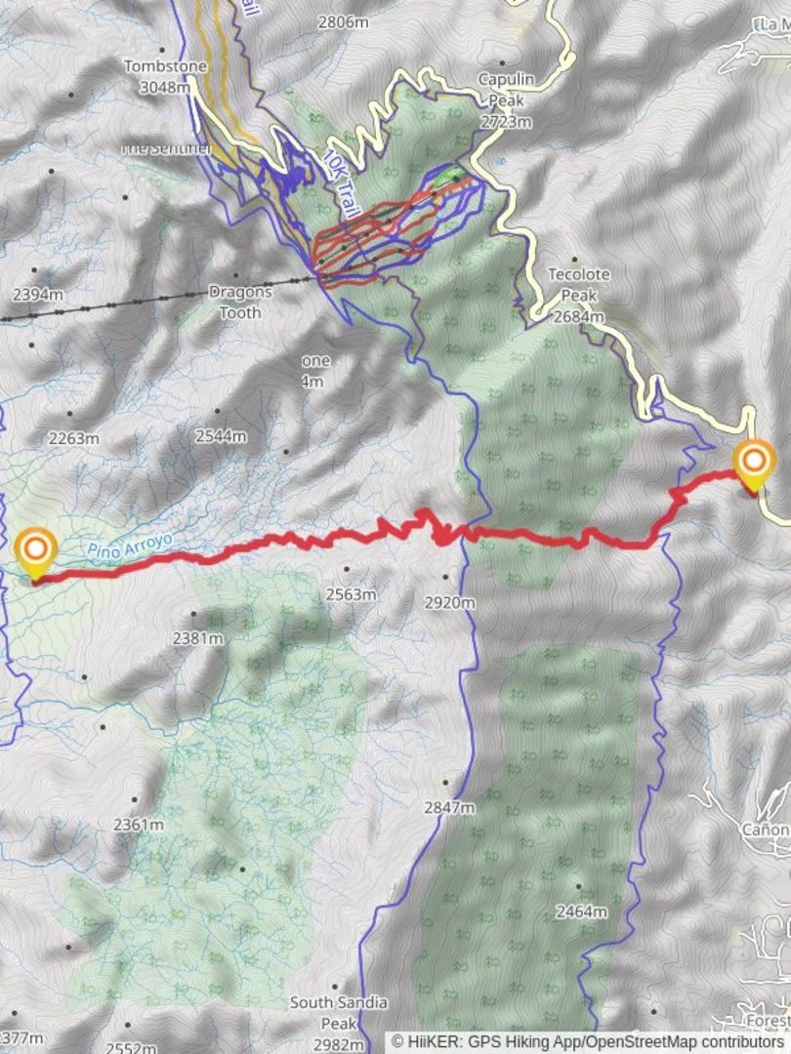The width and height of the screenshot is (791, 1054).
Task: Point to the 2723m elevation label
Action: coord(506,122)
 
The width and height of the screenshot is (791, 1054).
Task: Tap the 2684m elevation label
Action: coord(579,316)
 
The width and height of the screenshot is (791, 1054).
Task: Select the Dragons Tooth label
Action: coord(234,303)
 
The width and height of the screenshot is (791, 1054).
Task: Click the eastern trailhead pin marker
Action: coord(754,465)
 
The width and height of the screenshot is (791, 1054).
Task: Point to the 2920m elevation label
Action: coord(449,603)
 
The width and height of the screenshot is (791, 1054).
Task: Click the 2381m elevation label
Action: coord(198,639)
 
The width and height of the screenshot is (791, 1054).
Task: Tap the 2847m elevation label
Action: coord(449,807)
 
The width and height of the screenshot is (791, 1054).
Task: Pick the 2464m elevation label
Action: coord(581,912)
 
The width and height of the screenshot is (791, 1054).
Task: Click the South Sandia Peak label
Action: coord(338,1013)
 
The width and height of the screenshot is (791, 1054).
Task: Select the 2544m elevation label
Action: coord(220,436)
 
